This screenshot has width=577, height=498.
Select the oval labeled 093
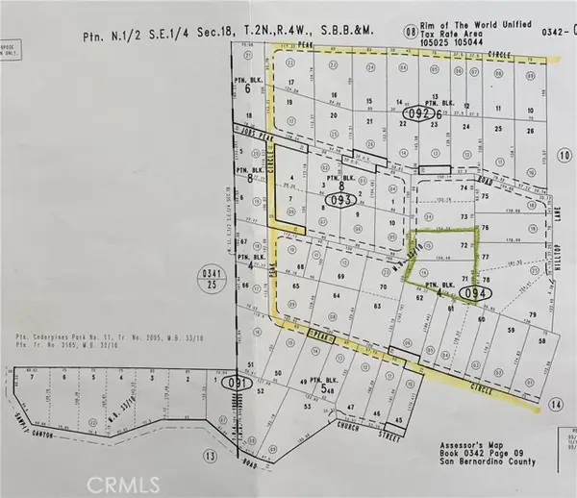pyautogui.click(x=339, y=201)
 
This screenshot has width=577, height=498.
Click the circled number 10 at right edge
pyautogui.click(x=564, y=154)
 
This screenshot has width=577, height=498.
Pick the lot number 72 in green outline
pyautogui.click(x=439, y=247)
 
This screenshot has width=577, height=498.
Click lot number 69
pyautogui.click(x=339, y=277)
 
